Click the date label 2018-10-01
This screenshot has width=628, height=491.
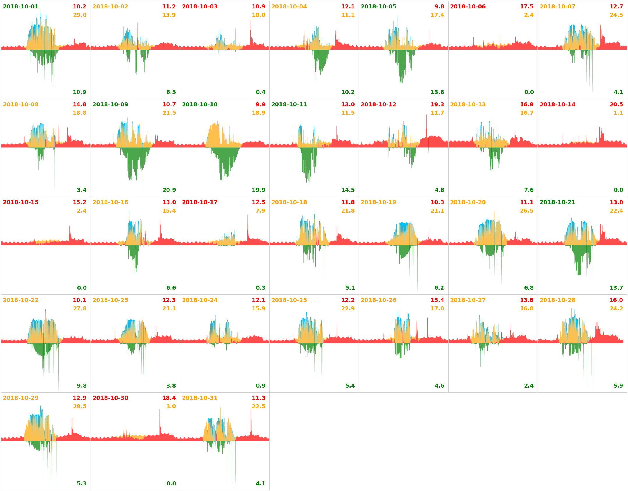[x=21, y=7]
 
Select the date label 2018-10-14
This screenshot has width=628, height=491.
[x=558, y=105]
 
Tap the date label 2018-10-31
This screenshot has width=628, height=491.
[x=200, y=398]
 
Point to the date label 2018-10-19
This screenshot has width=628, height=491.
[x=378, y=202]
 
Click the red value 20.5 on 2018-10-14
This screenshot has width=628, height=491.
[x=616, y=105]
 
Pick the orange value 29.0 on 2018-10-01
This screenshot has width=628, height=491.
[x=80, y=15]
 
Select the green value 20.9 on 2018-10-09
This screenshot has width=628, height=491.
[x=169, y=190]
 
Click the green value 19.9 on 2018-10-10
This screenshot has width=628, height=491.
[x=259, y=190]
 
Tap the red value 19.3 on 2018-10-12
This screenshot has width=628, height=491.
[x=437, y=105]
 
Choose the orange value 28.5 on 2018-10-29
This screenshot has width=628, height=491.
[x=80, y=407]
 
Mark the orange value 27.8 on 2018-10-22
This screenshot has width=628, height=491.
[x=80, y=309]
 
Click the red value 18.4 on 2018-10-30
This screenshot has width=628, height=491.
[x=169, y=398]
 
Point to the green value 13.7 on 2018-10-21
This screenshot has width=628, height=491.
[x=616, y=288]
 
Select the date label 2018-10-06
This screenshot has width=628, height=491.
[x=468, y=7]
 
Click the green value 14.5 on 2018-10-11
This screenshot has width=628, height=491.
[x=348, y=190]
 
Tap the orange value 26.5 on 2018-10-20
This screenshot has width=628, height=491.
[x=527, y=211]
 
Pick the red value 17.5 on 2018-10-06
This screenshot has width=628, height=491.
[x=527, y=7]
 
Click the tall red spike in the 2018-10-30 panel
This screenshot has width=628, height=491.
[x=160, y=419]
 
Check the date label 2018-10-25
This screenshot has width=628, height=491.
[x=289, y=300]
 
